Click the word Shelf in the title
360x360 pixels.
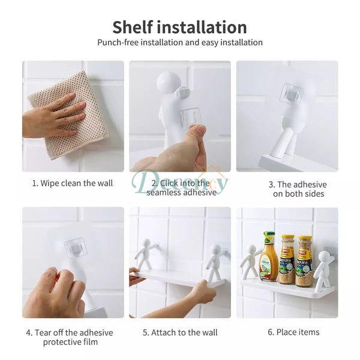(132, 27)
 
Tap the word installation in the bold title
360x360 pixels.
(202, 27)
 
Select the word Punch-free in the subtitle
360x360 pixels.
(118, 43)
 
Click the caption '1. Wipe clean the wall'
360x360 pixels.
(73, 183)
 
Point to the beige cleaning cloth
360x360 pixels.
(69, 115)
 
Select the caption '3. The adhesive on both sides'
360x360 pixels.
(298, 189)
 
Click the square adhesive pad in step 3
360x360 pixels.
(291, 94)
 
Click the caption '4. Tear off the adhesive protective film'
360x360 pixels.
(70, 337)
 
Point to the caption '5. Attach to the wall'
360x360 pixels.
(180, 332)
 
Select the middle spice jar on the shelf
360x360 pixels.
(287, 259)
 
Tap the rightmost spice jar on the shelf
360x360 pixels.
(304, 261)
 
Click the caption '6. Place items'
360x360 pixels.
(293, 332)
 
